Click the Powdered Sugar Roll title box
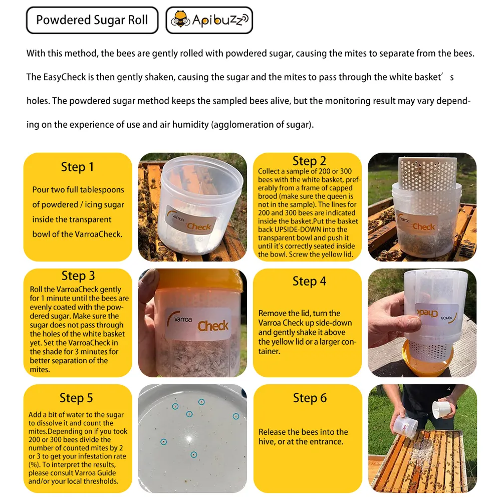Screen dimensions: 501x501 (92, 21)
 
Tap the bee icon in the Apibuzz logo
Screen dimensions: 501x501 (180, 21)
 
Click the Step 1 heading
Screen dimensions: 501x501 (77, 167)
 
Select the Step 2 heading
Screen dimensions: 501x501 (309, 161)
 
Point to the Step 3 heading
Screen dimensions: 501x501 (78, 276)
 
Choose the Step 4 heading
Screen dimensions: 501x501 (309, 282)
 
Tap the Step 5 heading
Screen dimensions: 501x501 (76, 398)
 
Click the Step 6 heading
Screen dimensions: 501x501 (309, 398)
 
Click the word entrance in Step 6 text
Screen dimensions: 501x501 (324, 441)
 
